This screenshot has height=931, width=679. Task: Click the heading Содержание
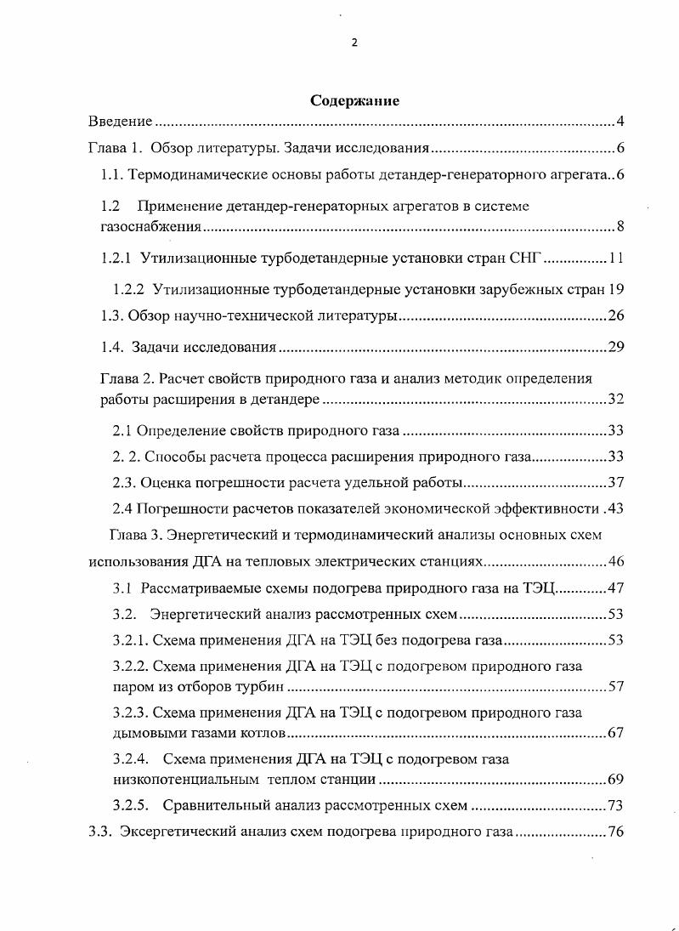(x=354, y=100)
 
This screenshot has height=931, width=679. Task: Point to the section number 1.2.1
(x=116, y=258)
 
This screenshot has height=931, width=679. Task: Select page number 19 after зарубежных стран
(x=617, y=288)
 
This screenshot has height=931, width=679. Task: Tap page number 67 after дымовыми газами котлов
(x=616, y=732)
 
